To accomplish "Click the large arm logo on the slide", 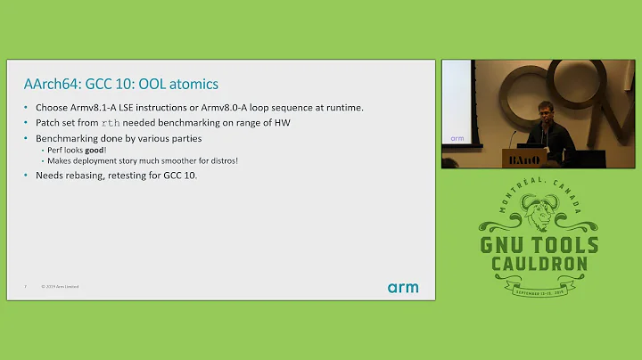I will click(402, 288).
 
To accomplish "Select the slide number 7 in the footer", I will click(25, 287).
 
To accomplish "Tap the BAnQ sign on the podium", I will click(524, 158).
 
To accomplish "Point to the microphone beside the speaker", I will click(514, 135).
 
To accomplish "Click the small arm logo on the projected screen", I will click(457, 138).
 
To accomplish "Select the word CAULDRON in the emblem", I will click(539, 265).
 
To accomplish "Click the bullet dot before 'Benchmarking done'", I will click(27, 140).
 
